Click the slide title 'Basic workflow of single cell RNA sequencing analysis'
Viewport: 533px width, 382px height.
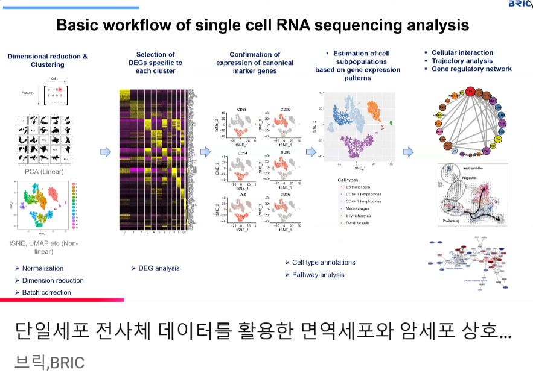click(263, 25)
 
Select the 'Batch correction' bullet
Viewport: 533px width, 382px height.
click(46, 292)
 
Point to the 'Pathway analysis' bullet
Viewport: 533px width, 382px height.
click(318, 275)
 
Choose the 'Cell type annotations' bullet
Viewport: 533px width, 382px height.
click(324, 262)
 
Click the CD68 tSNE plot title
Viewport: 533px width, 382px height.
click(241, 109)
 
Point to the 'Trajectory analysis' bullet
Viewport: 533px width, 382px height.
click(462, 61)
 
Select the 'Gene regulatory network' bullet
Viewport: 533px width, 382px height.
click(471, 69)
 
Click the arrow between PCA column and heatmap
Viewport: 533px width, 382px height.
click(105, 152)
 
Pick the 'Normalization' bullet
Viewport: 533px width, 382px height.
click(42, 268)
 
